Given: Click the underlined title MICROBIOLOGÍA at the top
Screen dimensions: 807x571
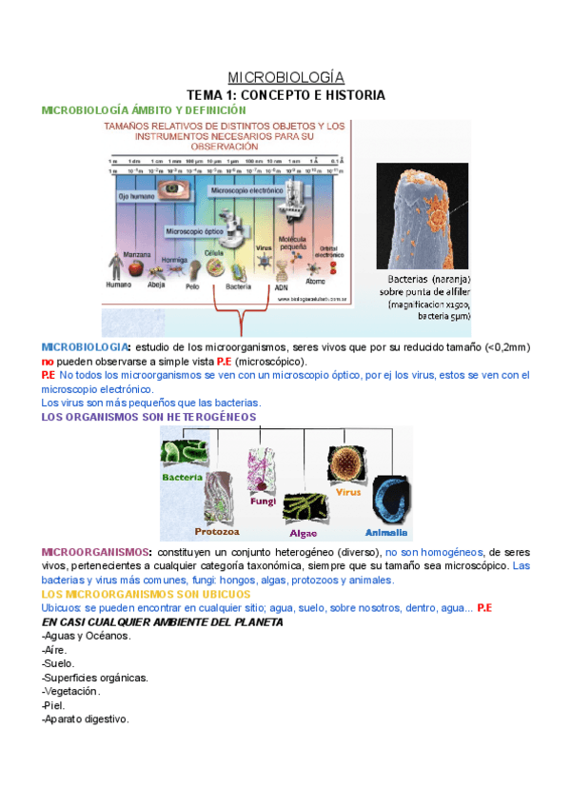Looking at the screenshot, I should (x=285, y=77).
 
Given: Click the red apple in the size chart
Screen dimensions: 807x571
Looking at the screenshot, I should (x=135, y=267).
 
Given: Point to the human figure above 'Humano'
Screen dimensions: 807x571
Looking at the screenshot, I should (x=116, y=266).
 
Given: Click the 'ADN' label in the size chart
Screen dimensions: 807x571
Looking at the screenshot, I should (x=281, y=286).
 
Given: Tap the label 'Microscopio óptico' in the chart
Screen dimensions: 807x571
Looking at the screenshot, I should (x=195, y=230).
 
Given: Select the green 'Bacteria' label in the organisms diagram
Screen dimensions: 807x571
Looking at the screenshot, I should (x=183, y=478).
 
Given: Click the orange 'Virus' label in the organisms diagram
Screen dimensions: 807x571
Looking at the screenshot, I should (x=348, y=494).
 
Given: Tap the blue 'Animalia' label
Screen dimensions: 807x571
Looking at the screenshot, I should (x=386, y=532).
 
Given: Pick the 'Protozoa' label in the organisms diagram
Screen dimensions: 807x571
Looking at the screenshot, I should (x=216, y=531).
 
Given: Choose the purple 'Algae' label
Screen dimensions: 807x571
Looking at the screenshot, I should (x=303, y=535).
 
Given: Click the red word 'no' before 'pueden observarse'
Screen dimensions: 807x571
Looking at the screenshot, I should (x=48, y=363).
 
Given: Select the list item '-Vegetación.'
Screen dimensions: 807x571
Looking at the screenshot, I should (x=73, y=692).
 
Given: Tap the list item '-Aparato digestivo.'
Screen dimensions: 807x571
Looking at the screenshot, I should (x=86, y=719).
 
